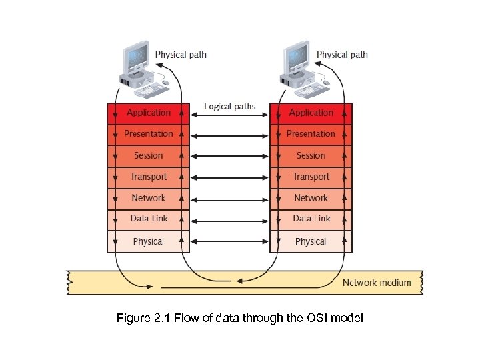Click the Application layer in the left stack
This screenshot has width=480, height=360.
(148, 113)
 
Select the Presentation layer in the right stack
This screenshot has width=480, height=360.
(311, 134)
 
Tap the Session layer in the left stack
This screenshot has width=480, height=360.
(148, 155)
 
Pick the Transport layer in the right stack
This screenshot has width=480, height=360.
(311, 177)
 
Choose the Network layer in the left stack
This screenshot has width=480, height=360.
(148, 198)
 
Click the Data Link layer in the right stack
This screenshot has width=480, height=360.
(311, 219)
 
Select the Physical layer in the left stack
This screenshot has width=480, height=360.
(148, 241)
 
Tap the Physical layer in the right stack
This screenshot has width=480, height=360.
(311, 241)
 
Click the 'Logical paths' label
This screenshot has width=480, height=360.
(229, 107)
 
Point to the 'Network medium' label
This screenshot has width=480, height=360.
(377, 283)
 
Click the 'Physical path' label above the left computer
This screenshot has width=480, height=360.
(181, 55)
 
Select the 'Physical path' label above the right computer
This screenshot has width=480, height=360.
(342, 55)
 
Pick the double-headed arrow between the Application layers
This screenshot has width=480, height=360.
(229, 116)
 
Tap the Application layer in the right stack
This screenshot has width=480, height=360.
(311, 113)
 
